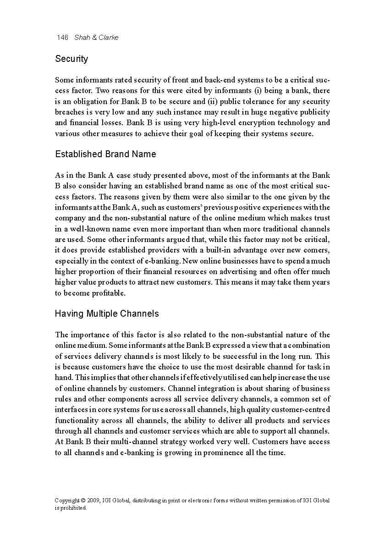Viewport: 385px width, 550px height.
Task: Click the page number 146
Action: click(62, 38)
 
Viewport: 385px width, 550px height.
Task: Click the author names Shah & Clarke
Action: click(96, 38)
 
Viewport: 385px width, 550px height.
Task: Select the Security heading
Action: click(71, 59)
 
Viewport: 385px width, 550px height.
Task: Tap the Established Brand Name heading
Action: click(105, 154)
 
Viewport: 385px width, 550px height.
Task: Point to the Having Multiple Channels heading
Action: click(107, 314)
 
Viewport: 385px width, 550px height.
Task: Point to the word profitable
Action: click(109, 293)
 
